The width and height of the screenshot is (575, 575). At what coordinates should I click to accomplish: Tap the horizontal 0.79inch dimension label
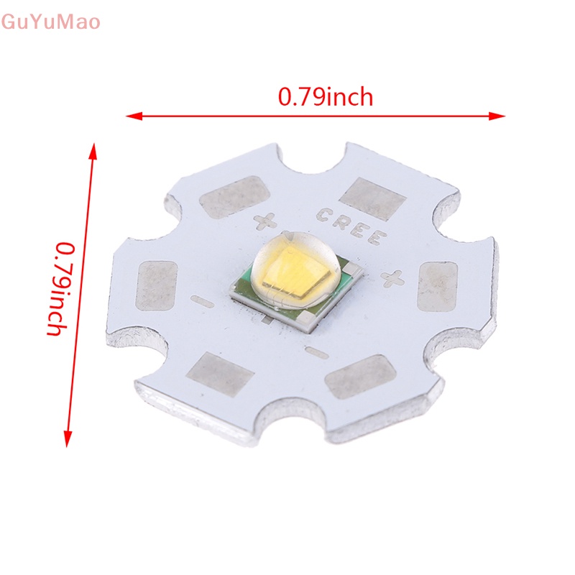[326, 96]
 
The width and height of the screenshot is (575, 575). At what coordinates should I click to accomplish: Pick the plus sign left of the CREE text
[262, 221]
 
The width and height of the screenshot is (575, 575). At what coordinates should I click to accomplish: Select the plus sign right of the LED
[392, 275]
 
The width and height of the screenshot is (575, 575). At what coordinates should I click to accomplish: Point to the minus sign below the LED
[313, 350]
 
